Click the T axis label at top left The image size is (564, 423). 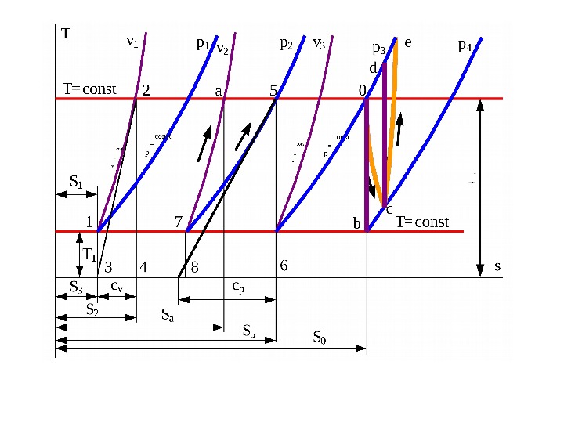pyautogui.click(x=66, y=34)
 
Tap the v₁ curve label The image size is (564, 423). pyautogui.click(x=132, y=42)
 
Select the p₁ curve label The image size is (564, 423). pyautogui.click(x=202, y=45)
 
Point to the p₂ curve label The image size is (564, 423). pyautogui.click(x=287, y=44)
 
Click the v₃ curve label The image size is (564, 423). pyautogui.click(x=319, y=42)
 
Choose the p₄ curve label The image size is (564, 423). pyautogui.click(x=465, y=45)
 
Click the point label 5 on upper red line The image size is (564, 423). pyautogui.click(x=273, y=90)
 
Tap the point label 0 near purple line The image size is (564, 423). pyautogui.click(x=362, y=91)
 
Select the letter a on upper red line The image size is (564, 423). pyautogui.click(x=219, y=91)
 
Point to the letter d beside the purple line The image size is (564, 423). pyautogui.click(x=373, y=67)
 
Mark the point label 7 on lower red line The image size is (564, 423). pyautogui.click(x=179, y=222)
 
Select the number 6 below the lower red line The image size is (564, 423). pyautogui.click(x=284, y=266)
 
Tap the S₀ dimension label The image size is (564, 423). pyautogui.click(x=320, y=338)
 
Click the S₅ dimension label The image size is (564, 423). pyautogui.click(x=249, y=330)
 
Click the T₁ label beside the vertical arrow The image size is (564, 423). pyautogui.click(x=89, y=255)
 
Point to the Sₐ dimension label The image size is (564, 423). pyautogui.click(x=168, y=315)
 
